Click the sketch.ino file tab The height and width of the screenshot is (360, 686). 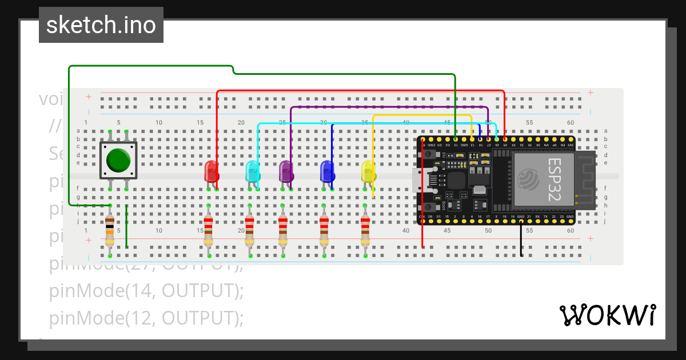(x=101, y=25)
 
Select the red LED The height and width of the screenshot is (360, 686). (x=211, y=171)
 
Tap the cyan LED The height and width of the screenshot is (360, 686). (x=252, y=171)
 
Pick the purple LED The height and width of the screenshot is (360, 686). (x=286, y=171)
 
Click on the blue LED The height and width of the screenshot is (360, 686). (x=326, y=171)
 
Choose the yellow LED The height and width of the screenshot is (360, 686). (x=368, y=171)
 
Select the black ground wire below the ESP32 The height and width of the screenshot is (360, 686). (x=521, y=240)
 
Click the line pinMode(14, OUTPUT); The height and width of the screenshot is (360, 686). (x=146, y=291)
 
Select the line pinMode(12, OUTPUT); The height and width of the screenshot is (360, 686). (x=146, y=318)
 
